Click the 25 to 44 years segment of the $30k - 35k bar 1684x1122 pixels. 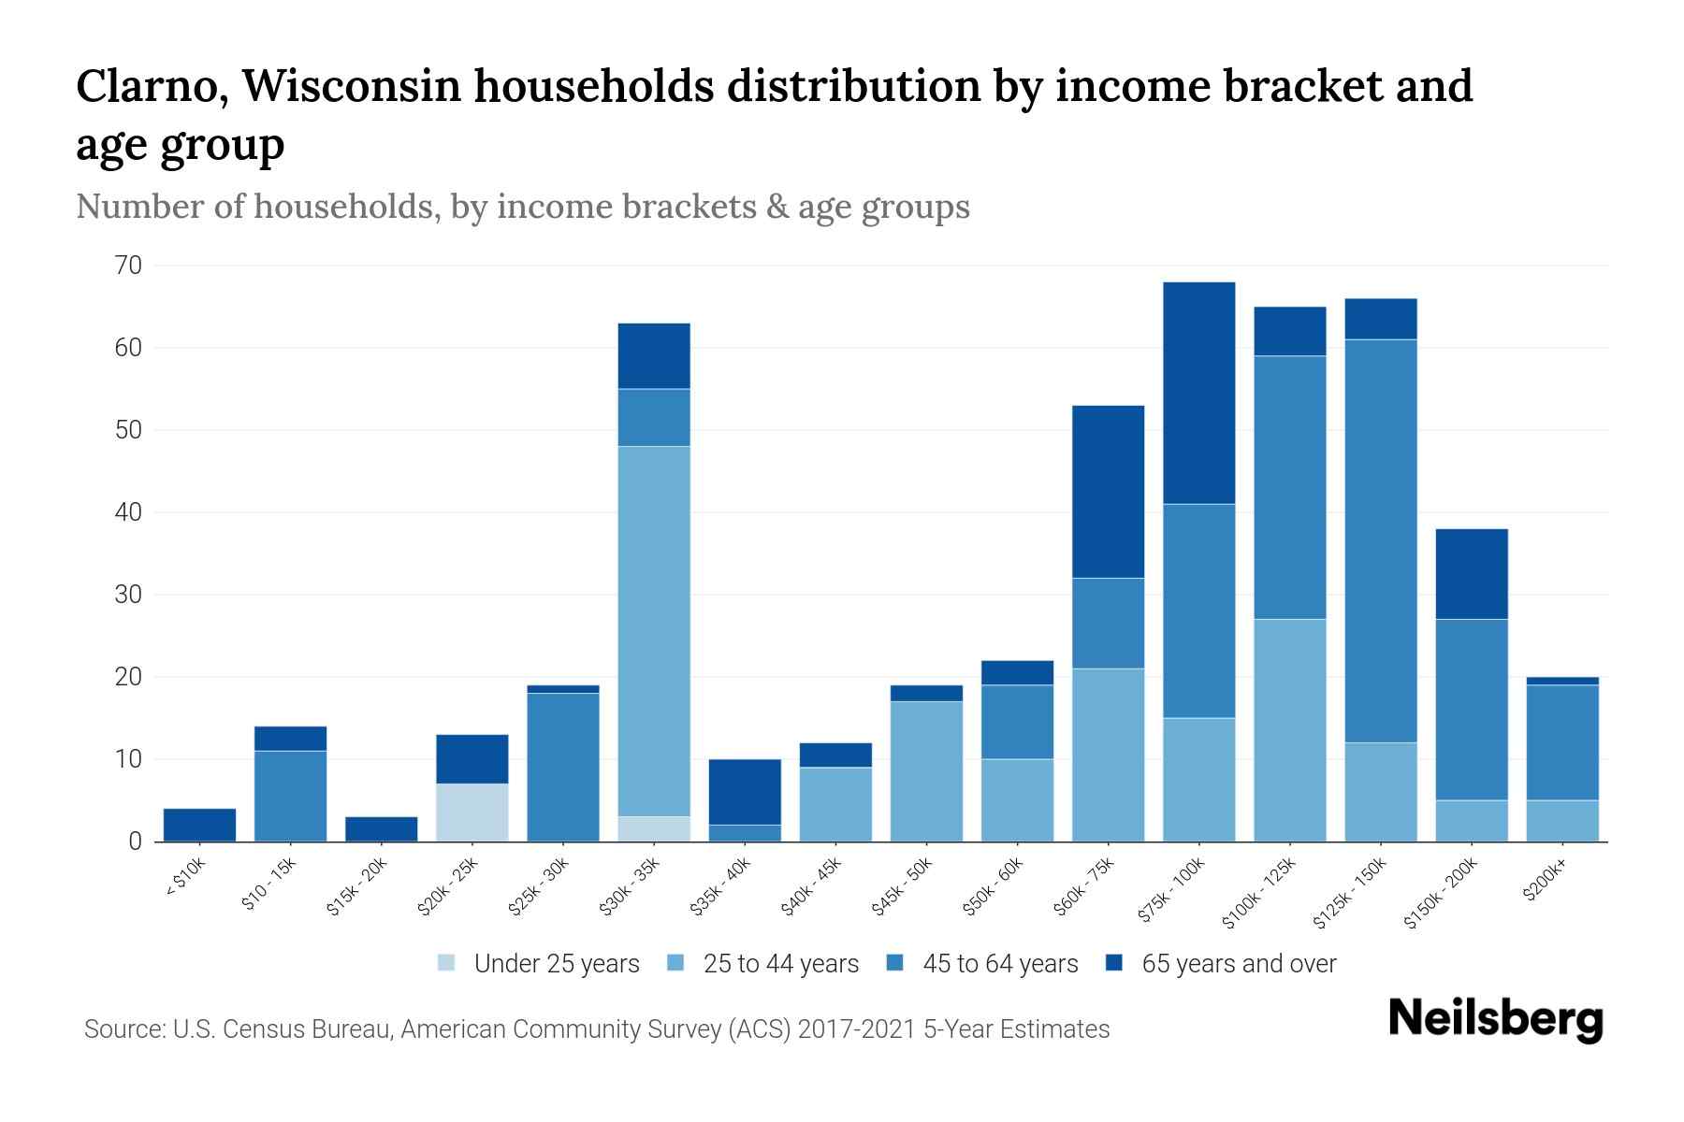654,631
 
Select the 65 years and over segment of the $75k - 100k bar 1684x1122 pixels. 1198,393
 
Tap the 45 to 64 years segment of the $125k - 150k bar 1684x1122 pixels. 1380,540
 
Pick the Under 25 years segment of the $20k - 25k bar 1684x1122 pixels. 472,812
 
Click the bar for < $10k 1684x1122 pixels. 199,825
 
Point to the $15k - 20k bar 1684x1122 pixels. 381,828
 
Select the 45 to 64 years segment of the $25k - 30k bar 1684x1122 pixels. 563,767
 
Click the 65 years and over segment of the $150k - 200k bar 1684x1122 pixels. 1471,574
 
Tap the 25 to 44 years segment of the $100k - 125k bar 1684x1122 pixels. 1289,729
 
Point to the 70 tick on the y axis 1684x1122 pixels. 129,266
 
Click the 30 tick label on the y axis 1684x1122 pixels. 129,595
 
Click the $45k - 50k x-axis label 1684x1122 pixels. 902,888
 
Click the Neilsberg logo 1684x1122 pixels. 1495,1019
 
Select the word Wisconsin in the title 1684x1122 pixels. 353,87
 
